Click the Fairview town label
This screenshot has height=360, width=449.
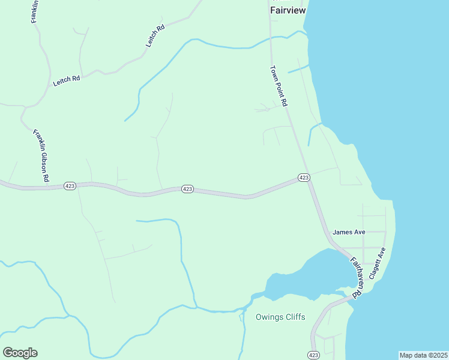[x=288, y=10]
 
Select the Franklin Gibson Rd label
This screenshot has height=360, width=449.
[x=41, y=156]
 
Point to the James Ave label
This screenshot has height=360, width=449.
[x=349, y=232]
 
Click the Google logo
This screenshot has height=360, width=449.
[x=20, y=353]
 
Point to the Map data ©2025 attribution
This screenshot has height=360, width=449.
[x=423, y=355]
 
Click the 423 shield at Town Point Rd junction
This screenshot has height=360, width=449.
[x=304, y=178]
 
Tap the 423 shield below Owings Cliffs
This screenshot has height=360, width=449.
[x=313, y=355]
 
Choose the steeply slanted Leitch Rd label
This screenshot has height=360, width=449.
[x=155, y=36]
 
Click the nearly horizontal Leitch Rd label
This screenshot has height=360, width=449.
[x=67, y=80]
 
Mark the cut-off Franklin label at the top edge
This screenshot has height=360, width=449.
[x=35, y=11]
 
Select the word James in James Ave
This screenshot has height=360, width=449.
[x=342, y=232]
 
